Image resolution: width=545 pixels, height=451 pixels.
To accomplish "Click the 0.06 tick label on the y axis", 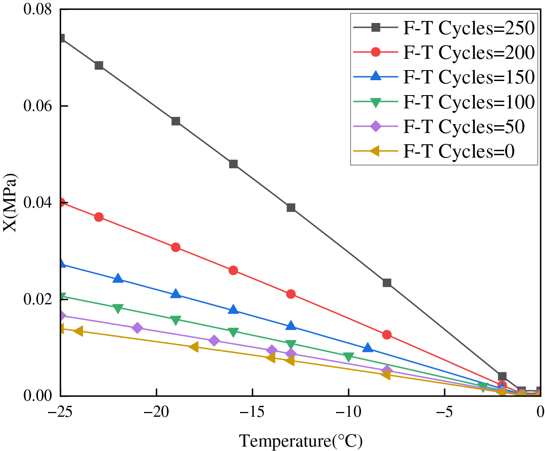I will [x=38, y=106].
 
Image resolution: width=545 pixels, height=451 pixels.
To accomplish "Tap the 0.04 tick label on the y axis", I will [x=38, y=202].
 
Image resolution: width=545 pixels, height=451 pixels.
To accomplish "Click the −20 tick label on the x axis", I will [x=156, y=412].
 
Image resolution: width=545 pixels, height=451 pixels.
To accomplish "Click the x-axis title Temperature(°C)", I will [x=301, y=441].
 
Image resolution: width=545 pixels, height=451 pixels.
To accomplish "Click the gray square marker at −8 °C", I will [x=387, y=283].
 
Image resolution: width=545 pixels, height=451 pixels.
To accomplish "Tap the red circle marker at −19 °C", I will [x=175, y=247].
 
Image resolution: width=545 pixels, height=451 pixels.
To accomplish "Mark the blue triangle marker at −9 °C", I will [x=368, y=348].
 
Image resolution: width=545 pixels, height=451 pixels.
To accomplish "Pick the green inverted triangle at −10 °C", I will [x=349, y=357].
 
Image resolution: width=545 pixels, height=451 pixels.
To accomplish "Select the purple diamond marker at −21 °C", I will [x=137, y=328].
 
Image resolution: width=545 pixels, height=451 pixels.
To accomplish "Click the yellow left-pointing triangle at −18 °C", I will [x=194, y=347].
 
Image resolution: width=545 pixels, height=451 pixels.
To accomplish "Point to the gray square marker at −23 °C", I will [x=99, y=65].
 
